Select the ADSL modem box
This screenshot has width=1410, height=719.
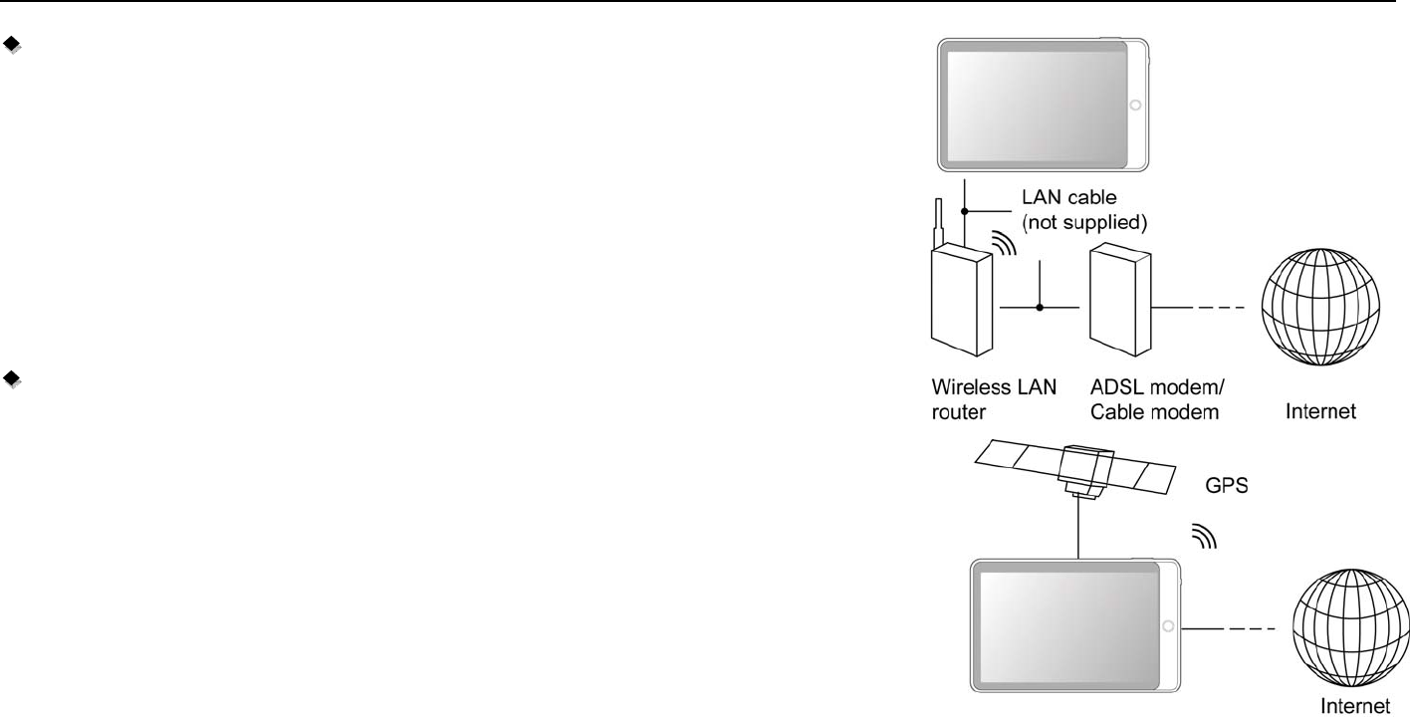1119,304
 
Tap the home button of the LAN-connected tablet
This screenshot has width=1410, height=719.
1136,105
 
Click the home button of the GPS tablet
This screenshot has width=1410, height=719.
1169,626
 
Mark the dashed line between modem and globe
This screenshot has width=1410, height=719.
1217,307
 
